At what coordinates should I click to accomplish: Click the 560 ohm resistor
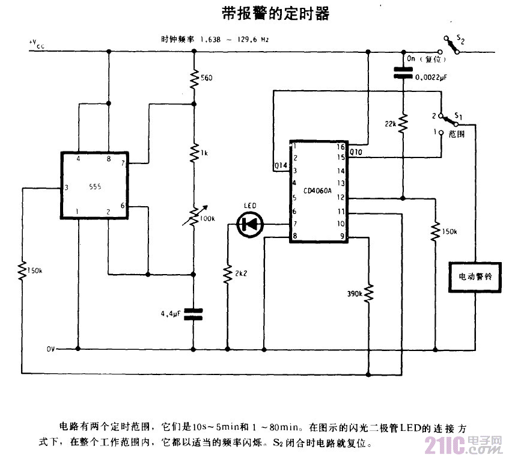tap(194, 78)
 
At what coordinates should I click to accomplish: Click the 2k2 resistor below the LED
tap(227, 273)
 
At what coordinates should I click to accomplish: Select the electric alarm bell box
tap(475, 278)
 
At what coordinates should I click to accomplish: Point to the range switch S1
tap(447, 123)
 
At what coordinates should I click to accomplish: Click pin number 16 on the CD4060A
tap(341, 146)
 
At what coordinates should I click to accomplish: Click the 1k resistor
tap(194, 152)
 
